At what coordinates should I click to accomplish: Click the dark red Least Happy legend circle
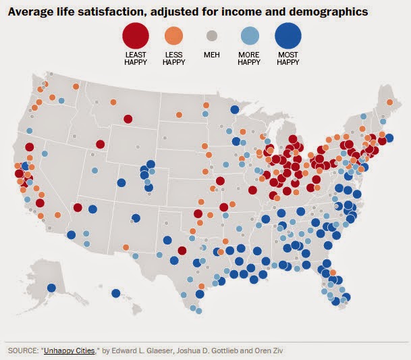coord(136,36)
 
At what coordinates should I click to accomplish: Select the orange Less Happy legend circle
coord(174,36)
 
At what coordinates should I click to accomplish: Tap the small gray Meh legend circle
coord(212,36)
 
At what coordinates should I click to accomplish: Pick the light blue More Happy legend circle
coord(250,36)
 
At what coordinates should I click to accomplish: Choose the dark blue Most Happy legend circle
coord(288,36)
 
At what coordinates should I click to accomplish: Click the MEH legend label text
coord(212,55)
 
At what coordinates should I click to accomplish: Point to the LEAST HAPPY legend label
coord(136,59)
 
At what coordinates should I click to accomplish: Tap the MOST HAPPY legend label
coord(288,59)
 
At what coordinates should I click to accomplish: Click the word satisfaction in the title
coord(115,11)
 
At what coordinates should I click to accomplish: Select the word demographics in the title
coord(329,12)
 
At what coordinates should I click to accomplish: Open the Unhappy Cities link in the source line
coord(69,351)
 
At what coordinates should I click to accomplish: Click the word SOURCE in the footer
coord(22,351)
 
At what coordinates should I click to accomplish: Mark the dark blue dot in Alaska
coord(52,288)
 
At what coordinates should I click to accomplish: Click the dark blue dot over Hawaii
coord(115,293)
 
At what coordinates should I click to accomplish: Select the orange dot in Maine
coord(390,103)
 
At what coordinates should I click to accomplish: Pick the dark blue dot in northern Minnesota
coord(235,109)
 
